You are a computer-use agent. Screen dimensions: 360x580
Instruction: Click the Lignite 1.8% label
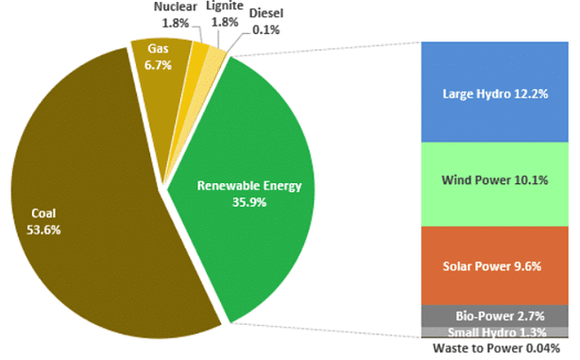point(223,16)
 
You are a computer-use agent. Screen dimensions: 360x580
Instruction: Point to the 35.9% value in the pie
point(249,201)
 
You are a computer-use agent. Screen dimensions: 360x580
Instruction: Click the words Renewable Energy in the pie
point(249,186)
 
